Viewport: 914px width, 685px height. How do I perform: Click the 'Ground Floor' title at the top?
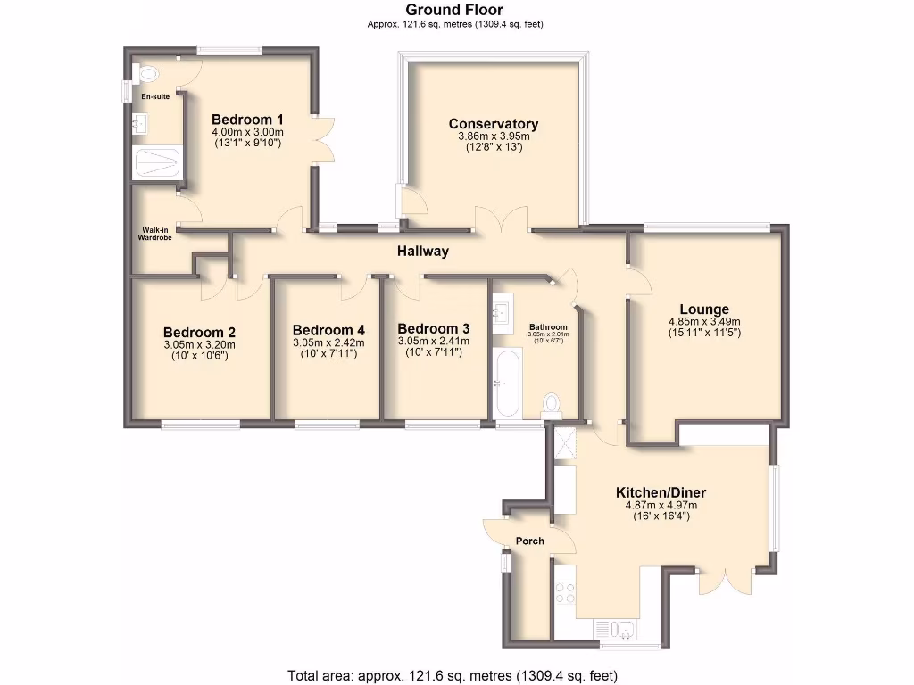pyautogui.click(x=455, y=10)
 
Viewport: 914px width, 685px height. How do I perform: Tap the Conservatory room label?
pyautogui.click(x=494, y=124)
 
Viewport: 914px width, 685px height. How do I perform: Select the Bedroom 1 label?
pyautogui.click(x=247, y=120)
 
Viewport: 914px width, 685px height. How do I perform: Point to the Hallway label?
pyautogui.click(x=423, y=252)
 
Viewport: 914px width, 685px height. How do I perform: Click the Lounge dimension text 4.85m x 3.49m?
pyautogui.click(x=704, y=322)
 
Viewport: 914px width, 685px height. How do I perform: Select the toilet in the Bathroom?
pyautogui.click(x=552, y=406)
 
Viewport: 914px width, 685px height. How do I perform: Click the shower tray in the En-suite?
pyautogui.click(x=156, y=163)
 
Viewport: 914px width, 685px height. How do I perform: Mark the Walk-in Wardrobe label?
pyautogui.click(x=155, y=234)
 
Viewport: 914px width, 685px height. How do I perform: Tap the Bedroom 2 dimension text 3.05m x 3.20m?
pyautogui.click(x=199, y=345)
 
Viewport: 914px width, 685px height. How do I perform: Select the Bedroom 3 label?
pyautogui.click(x=434, y=327)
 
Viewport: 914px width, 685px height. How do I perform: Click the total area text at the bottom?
pyautogui.click(x=452, y=674)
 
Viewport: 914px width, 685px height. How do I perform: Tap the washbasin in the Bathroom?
pyautogui.click(x=501, y=312)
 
